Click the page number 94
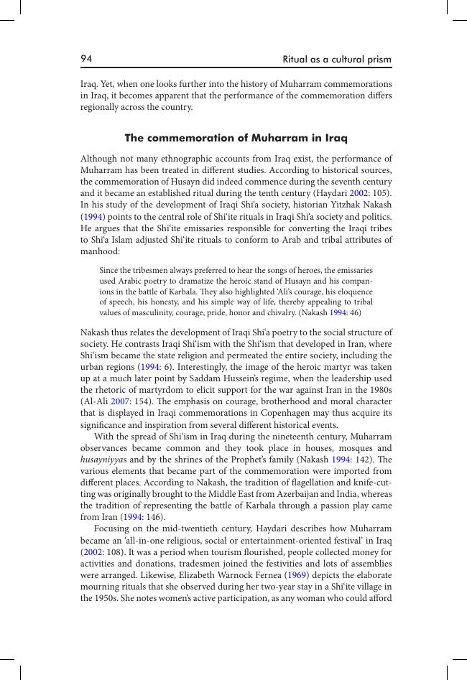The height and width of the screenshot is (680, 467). click(x=86, y=58)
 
